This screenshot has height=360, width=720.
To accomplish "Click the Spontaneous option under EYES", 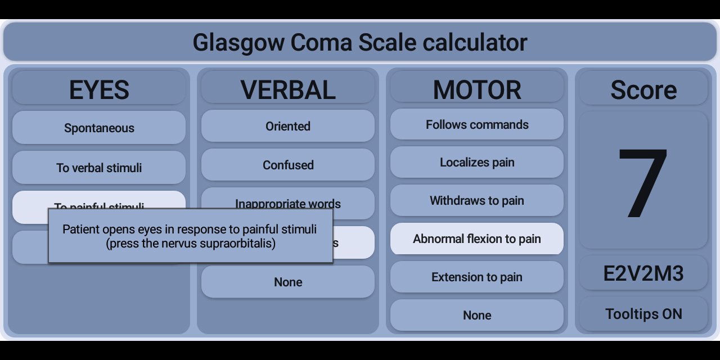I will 99,128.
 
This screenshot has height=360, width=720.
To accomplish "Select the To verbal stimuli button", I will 99,167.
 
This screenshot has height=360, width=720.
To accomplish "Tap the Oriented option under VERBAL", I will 288,126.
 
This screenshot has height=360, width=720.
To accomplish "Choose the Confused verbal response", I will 288,165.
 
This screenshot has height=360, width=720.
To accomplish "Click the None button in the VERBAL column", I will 288,282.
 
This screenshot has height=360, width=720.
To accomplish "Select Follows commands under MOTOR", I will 477,124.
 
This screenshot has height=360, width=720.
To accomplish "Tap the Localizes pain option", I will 477,163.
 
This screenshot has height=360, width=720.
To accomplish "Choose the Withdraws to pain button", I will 477,201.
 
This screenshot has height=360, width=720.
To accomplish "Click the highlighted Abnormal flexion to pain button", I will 477,239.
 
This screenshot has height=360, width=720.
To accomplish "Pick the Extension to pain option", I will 477,277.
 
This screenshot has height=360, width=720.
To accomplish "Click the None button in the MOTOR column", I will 477,315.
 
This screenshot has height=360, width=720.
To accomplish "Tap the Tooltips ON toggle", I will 643,314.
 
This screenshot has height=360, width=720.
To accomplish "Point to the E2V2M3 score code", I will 643,273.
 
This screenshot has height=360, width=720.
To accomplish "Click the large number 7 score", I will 643,181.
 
